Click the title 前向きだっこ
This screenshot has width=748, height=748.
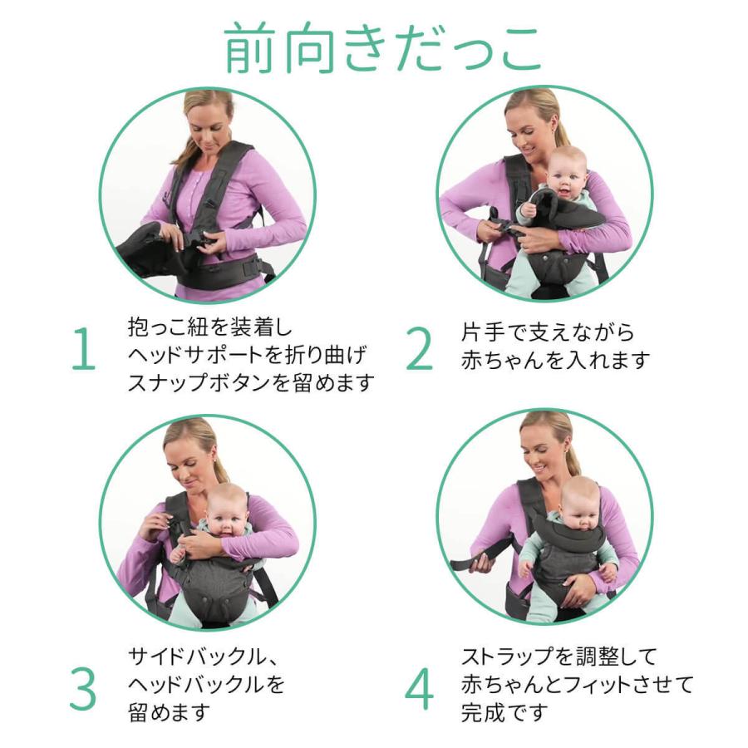click(382, 48)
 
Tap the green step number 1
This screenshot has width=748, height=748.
click(84, 348)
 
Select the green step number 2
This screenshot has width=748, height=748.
click(420, 348)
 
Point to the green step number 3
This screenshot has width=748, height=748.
click(83, 689)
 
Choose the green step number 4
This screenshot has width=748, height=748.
click(420, 689)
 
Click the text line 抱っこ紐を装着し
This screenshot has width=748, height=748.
click(209, 327)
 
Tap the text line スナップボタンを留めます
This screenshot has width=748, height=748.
click(251, 382)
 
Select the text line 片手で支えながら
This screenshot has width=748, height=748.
click(547, 332)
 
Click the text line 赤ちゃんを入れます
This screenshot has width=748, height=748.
click(555, 360)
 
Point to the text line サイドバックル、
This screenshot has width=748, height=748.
click(203, 657)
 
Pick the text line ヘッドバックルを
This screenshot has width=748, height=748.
click(206, 685)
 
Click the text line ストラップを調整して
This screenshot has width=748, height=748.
click(559, 657)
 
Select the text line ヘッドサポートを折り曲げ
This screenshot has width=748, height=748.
click(247, 355)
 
